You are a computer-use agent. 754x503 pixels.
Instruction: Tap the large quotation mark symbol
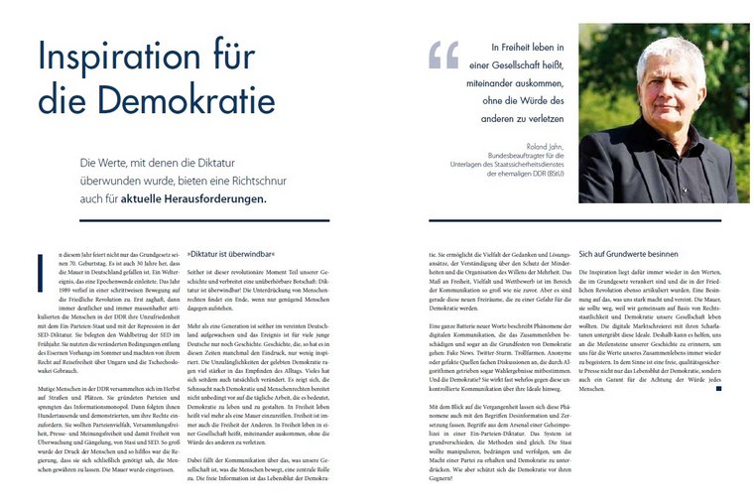point(443,55)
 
